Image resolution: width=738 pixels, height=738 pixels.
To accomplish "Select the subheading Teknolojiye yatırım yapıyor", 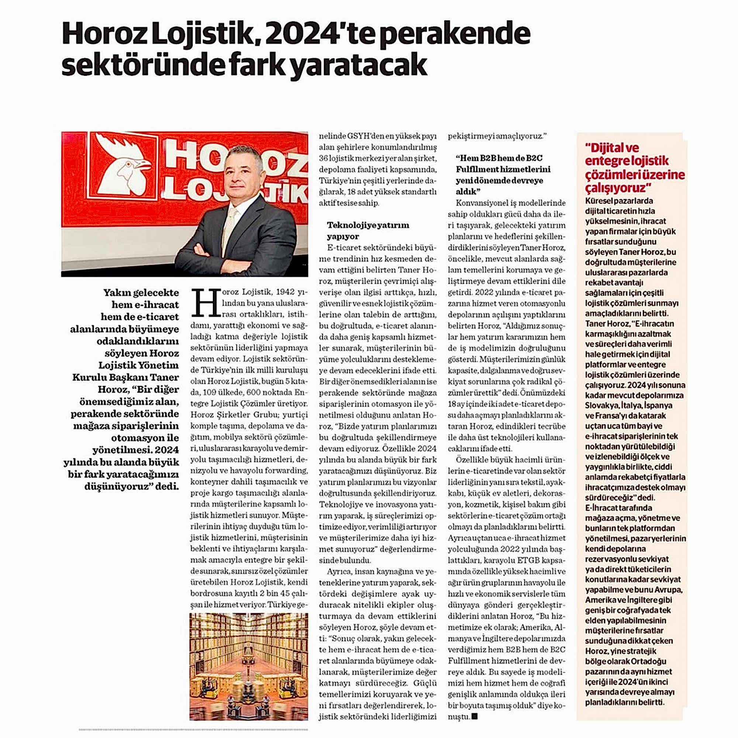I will pyautogui.click(x=368, y=230).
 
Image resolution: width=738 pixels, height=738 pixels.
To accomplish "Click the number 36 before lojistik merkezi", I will pyautogui.click(x=324, y=158).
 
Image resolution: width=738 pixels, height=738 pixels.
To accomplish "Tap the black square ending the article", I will pyautogui.click(x=475, y=716).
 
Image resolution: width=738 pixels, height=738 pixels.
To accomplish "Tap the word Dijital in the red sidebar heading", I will pyautogui.click(x=606, y=148).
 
